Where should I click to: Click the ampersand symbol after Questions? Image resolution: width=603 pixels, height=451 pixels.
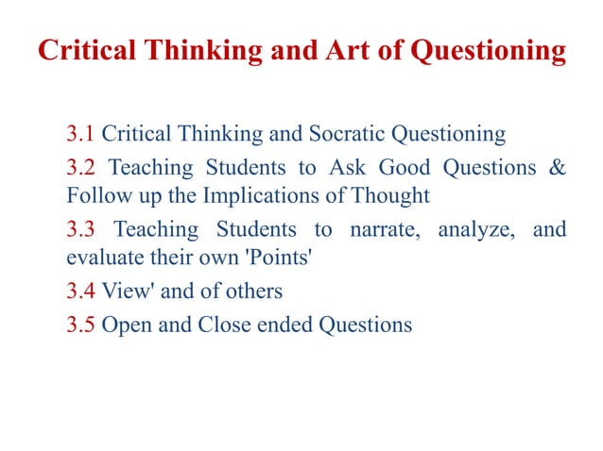tap(558, 168)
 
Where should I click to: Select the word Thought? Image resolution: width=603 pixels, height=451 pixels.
tap(390, 196)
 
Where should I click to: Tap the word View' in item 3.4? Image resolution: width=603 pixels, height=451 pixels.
tap(127, 292)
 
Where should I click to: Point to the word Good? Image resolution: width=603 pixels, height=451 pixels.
tap(404, 168)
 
